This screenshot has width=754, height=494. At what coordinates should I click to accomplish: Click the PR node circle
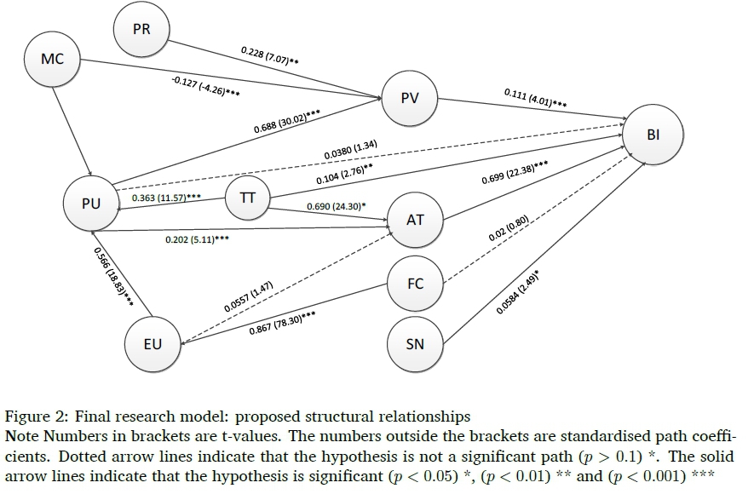point(142,30)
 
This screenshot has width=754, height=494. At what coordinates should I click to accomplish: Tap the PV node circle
point(410,99)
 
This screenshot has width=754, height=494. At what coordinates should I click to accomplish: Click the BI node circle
point(654,135)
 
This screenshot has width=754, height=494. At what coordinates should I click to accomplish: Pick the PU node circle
point(92,204)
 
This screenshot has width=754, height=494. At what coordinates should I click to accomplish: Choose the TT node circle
point(248,198)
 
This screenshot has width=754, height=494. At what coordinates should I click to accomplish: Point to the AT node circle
point(415,220)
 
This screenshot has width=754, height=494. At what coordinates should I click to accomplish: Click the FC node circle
point(415,284)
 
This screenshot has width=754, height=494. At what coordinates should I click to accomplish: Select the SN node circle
point(415,345)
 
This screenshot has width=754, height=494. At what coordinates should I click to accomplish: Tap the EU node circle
point(153,345)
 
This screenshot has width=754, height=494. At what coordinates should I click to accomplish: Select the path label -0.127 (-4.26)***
point(204,86)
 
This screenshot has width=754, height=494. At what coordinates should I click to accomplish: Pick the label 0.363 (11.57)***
point(166,198)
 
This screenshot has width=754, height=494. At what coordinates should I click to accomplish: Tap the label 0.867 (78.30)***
point(282,324)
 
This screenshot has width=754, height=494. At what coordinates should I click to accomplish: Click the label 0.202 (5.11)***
point(197,240)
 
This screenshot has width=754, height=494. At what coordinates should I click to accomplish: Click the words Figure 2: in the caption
point(32,416)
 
